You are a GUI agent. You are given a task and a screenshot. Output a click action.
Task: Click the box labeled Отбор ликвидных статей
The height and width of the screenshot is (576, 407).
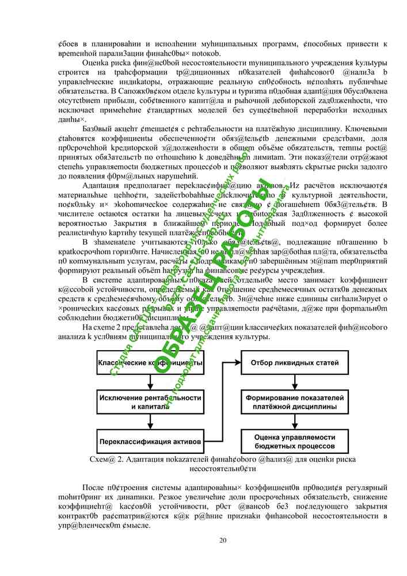coord(294,363)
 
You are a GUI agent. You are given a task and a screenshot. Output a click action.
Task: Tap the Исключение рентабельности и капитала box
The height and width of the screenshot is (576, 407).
coord(150,401)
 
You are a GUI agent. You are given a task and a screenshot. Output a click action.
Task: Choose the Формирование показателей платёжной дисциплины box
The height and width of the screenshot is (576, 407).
coord(294,402)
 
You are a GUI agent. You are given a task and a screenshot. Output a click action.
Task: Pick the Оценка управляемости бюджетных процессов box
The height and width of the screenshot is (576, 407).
coord(294,441)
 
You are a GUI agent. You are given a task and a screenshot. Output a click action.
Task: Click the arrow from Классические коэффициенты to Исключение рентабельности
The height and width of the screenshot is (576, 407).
coord(150,381)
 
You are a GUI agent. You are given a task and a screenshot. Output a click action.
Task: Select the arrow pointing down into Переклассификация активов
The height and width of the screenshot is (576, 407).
coord(150,422)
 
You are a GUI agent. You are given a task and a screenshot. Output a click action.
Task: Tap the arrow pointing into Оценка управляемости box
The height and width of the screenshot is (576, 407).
coord(294,422)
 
